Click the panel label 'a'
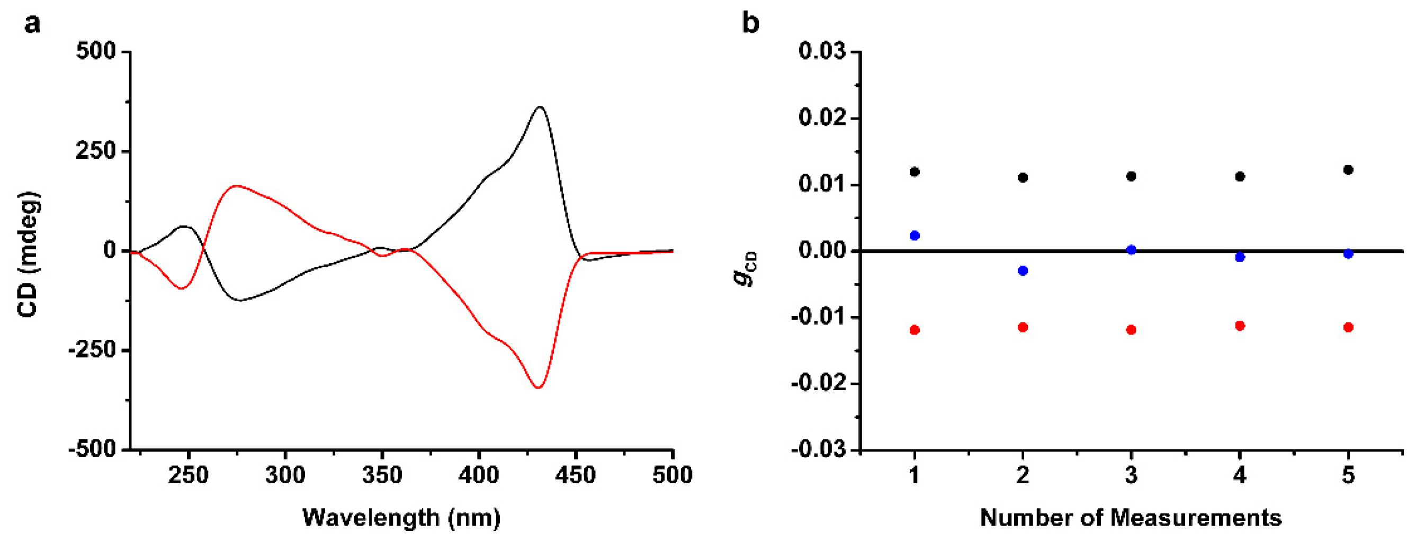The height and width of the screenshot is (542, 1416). [x=32, y=24]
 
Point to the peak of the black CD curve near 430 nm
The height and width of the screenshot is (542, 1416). [x=540, y=107]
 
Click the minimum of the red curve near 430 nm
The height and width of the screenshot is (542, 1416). [x=538, y=388]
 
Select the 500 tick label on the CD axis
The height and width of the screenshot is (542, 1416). [x=96, y=52]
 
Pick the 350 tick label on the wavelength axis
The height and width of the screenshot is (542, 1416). [x=381, y=474]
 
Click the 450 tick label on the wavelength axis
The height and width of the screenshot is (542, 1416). [x=575, y=474]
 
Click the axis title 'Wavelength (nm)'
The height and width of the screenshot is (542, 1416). [x=401, y=518]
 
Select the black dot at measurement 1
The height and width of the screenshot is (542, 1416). [x=915, y=172]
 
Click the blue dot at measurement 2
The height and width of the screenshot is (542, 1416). [x=1023, y=270]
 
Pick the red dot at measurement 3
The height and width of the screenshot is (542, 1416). [x=1131, y=330]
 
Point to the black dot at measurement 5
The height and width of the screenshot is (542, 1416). [x=1348, y=170]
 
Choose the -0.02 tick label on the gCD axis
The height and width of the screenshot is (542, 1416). [x=819, y=383]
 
